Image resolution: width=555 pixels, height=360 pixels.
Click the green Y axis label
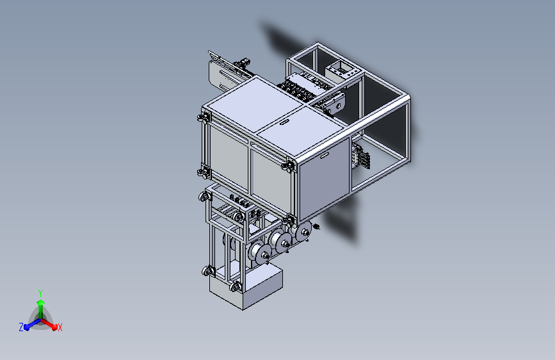[x=40, y=293]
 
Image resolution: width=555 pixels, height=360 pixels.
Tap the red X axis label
[x=60, y=327]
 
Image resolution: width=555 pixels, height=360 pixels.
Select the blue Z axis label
[x=21, y=327]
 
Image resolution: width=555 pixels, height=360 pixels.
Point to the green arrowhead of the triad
[x=41, y=302]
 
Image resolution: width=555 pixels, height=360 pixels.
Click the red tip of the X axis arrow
[x=54, y=327]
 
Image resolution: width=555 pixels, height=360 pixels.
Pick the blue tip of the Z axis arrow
[x=26, y=327]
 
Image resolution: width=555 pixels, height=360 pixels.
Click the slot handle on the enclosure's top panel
[x=284, y=122]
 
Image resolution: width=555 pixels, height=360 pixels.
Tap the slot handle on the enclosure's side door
[x=324, y=155]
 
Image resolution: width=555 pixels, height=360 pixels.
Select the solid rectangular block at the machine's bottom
[x=246, y=288]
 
